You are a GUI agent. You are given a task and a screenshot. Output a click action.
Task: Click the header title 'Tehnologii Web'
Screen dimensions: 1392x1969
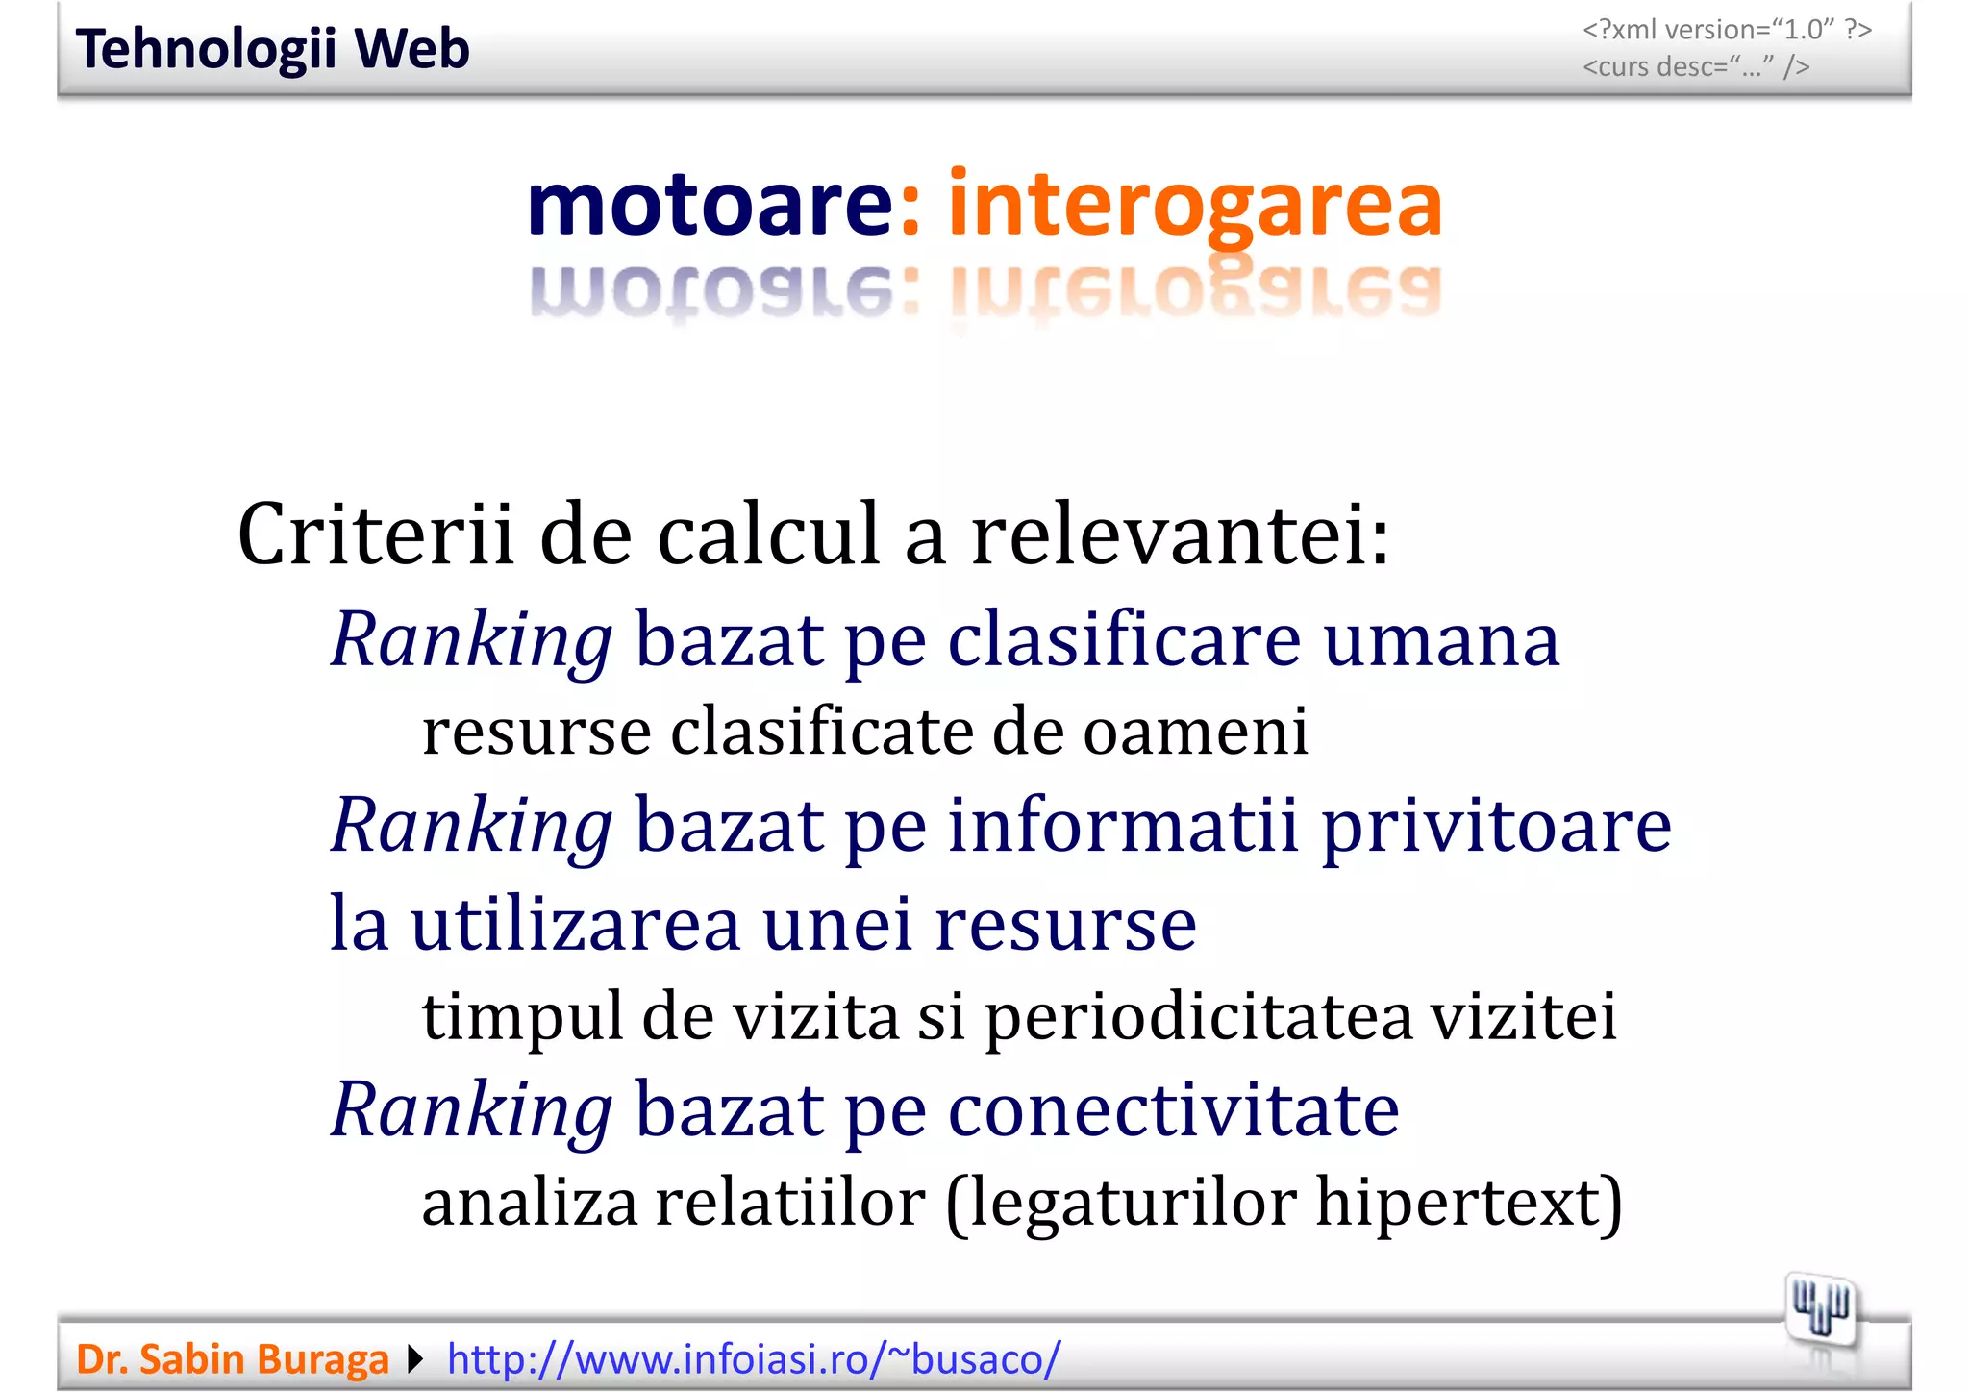(272, 49)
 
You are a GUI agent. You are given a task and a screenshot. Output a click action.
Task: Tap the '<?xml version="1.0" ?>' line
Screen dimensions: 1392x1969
(1727, 30)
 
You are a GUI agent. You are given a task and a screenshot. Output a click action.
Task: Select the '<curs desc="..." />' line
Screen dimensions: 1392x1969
(1696, 67)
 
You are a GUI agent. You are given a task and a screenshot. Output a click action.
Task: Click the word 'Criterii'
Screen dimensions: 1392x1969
(375, 534)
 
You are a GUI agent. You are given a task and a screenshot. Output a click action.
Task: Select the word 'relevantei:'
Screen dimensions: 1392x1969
(1181, 534)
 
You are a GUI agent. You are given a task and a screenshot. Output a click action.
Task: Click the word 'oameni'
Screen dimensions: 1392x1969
(1196, 732)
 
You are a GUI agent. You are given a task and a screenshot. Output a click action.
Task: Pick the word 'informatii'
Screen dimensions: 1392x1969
(1124, 825)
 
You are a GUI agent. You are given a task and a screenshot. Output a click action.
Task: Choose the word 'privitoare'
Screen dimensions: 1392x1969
(1497, 825)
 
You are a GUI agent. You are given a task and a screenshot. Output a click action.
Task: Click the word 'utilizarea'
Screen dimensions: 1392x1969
(575, 923)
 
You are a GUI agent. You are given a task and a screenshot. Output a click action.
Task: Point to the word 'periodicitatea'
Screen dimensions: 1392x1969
(1198, 1016)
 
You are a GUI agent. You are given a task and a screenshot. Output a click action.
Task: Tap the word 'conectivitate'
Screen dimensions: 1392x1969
(1173, 1109)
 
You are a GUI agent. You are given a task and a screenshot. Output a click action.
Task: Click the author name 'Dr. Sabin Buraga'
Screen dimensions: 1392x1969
(233, 1359)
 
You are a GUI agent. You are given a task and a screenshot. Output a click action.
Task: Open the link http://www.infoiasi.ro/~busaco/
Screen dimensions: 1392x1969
(754, 1359)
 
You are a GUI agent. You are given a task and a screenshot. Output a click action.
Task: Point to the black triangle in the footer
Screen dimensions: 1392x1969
(415, 1359)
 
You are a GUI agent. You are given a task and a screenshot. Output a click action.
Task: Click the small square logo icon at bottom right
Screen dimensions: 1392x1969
(1820, 1309)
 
